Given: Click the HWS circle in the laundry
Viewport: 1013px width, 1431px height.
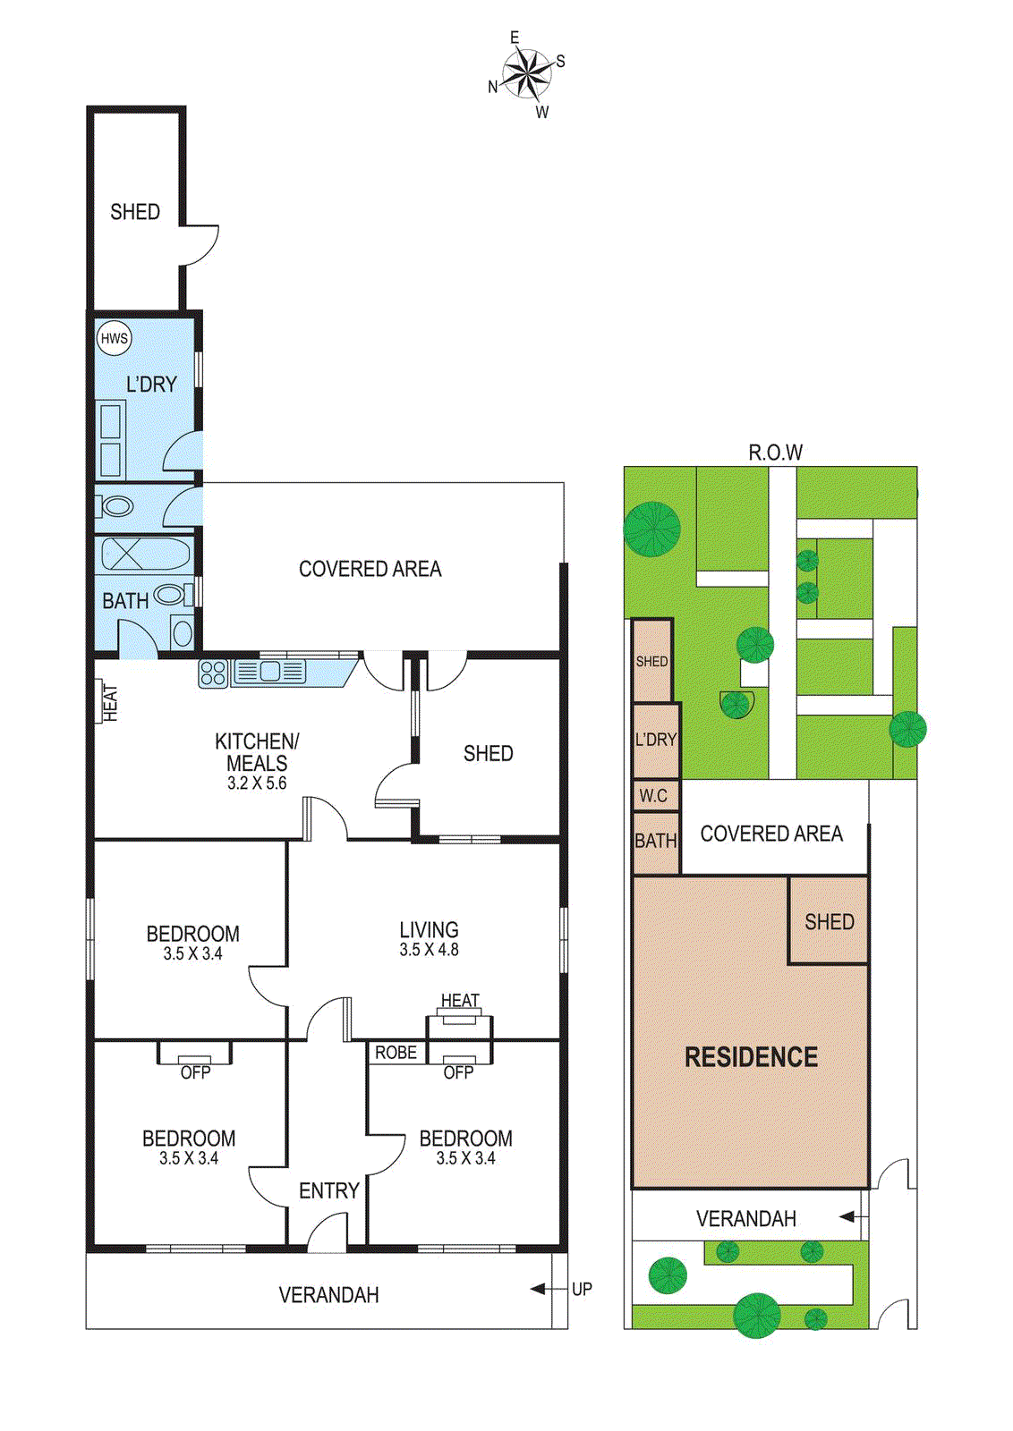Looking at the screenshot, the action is pyautogui.click(x=114, y=338).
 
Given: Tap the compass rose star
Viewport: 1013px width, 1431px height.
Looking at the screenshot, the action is pyautogui.click(x=526, y=75).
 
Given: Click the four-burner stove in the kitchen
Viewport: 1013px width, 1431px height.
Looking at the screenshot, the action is pyautogui.click(x=214, y=673).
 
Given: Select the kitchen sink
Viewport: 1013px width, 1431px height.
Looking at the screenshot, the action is pyautogui.click(x=268, y=672).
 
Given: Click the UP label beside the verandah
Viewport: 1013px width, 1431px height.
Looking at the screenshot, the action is pyautogui.click(x=582, y=1289).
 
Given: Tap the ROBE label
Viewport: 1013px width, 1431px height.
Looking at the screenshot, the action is pyautogui.click(x=396, y=1052).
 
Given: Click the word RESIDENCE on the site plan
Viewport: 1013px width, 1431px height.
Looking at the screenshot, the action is pyautogui.click(x=751, y=1057).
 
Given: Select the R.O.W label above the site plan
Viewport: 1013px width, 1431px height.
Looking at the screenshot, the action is pyautogui.click(x=775, y=453).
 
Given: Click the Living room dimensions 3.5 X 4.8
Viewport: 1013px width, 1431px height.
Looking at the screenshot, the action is pyautogui.click(x=429, y=950).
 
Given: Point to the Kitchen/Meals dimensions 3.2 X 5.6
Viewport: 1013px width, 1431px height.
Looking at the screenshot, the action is pyautogui.click(x=257, y=783).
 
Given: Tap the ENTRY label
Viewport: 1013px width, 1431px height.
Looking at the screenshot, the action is pyautogui.click(x=329, y=1190).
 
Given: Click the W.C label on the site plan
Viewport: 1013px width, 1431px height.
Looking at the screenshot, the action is pyautogui.click(x=653, y=795).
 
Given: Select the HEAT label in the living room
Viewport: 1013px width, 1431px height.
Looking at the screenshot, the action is pyautogui.click(x=460, y=1001).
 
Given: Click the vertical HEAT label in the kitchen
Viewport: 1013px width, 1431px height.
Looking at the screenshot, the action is pyautogui.click(x=111, y=703).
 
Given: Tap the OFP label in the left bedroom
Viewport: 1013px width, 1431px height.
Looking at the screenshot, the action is pyautogui.click(x=195, y=1072).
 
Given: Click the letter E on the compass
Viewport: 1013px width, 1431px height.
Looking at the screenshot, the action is pyautogui.click(x=515, y=38).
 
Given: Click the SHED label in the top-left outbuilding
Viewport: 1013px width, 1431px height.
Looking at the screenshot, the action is pyautogui.click(x=135, y=211).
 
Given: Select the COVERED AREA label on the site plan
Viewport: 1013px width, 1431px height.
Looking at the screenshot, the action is pyautogui.click(x=771, y=834).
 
